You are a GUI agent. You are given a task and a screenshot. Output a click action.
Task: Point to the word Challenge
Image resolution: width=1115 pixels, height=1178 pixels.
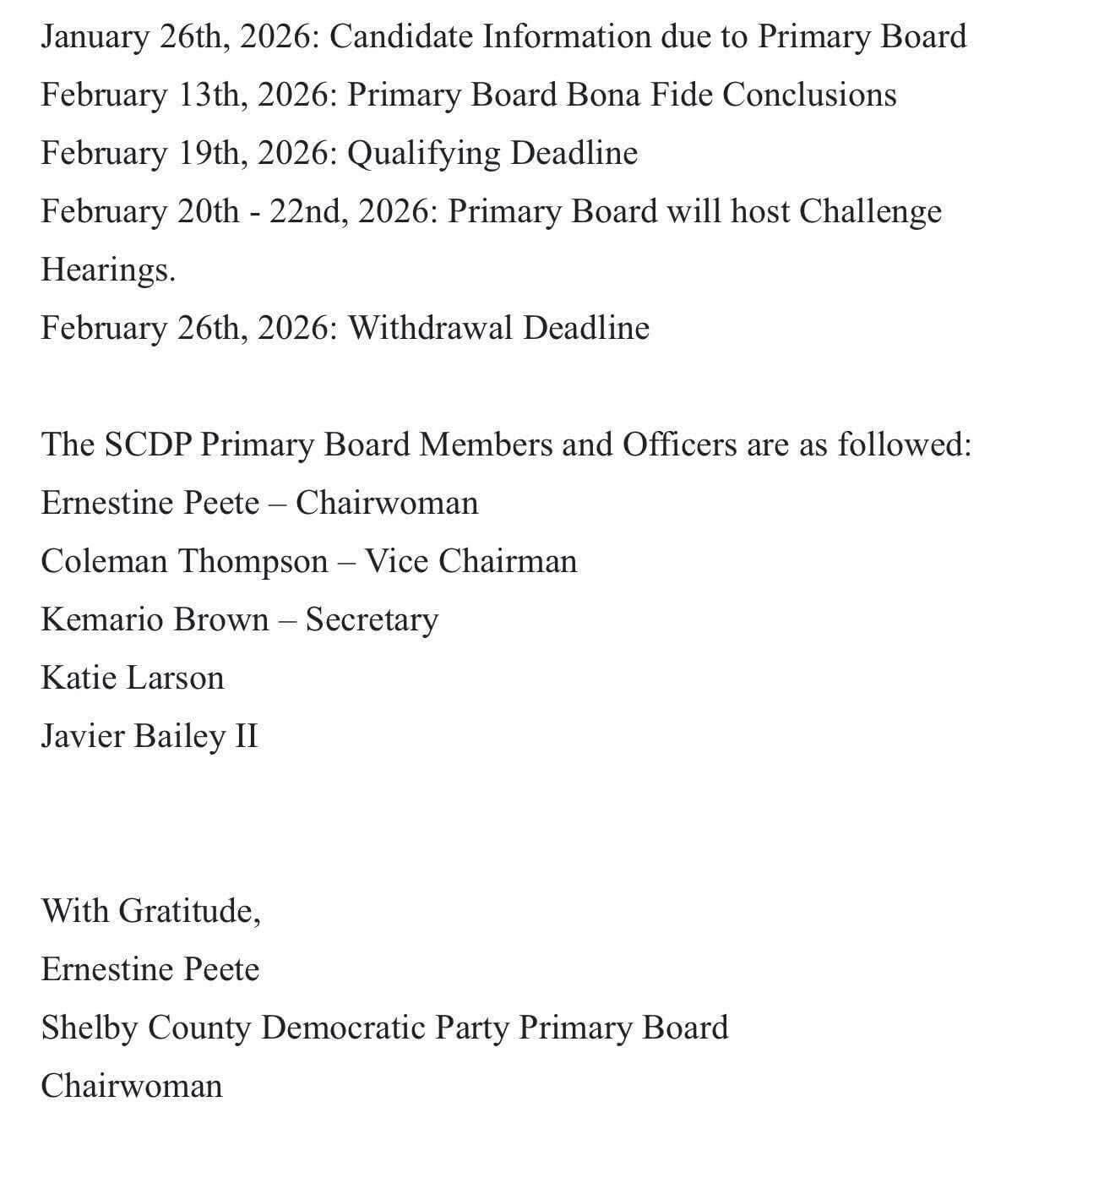point(869,212)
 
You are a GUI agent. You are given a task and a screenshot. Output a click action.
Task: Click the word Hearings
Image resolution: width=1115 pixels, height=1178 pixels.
point(107,270)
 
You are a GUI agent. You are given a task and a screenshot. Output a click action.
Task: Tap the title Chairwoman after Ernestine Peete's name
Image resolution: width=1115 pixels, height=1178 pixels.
point(386,504)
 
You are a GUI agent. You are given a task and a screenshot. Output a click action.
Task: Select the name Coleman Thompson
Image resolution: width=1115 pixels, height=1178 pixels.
point(184,562)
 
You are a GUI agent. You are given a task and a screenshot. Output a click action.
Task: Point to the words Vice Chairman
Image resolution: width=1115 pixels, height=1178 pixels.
point(470,562)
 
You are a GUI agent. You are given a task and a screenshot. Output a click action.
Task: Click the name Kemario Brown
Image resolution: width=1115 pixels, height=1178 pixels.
point(154,620)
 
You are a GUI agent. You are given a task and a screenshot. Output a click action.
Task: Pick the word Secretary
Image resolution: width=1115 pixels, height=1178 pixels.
point(372,620)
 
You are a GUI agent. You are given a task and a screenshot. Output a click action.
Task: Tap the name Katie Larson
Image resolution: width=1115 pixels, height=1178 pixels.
point(132,679)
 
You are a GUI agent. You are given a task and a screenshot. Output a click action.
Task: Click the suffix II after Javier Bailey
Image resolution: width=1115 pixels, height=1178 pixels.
point(244,737)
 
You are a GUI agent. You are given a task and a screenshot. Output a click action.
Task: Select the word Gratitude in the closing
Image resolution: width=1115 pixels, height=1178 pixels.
point(188,912)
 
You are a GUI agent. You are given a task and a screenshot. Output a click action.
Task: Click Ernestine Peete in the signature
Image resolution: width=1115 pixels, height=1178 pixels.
point(150,970)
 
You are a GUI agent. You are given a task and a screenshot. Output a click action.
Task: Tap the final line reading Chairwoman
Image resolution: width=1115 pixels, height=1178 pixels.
point(131,1087)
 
